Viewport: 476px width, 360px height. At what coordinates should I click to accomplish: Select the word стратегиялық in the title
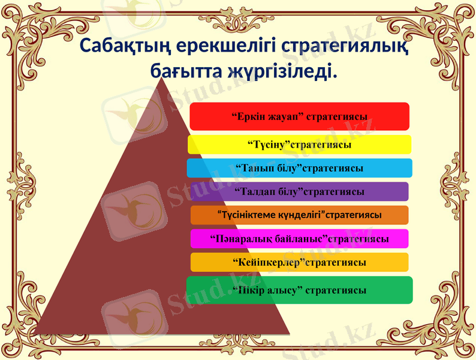(339, 45)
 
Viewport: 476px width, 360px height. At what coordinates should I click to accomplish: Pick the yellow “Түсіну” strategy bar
(299, 145)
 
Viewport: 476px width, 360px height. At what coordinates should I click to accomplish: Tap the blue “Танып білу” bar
(299, 168)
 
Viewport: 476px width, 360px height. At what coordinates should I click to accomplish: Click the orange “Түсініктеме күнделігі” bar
(299, 215)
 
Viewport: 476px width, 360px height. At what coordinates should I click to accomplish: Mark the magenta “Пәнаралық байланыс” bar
(299, 239)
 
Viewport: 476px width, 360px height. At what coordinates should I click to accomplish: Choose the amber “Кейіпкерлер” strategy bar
(299, 262)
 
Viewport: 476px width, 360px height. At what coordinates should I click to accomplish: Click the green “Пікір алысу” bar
(299, 290)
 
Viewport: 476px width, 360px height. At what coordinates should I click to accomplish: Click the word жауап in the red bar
(282, 116)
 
